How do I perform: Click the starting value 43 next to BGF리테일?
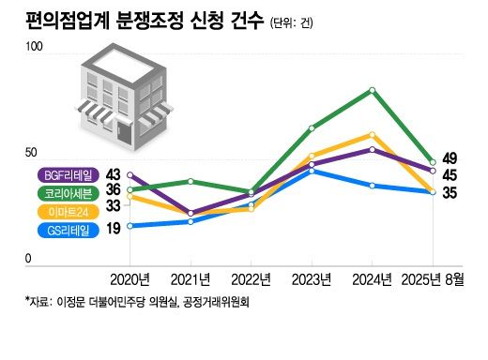[114, 174]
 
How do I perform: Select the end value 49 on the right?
[450, 157]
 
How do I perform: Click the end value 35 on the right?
[450, 194]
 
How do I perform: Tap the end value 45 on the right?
[450, 175]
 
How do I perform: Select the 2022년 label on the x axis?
[252, 279]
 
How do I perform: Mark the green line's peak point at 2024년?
[373, 90]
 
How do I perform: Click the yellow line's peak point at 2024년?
[373, 135]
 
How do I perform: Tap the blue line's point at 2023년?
[313, 171]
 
